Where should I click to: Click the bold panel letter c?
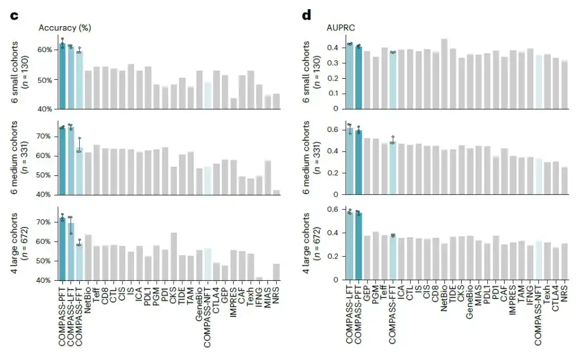(x=14, y=16)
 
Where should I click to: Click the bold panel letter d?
(x=307, y=15)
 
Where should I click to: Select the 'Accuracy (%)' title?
(x=65, y=28)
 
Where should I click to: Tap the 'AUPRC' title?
(x=340, y=28)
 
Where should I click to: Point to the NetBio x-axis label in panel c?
(x=88, y=300)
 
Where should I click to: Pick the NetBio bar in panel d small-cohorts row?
(x=444, y=74)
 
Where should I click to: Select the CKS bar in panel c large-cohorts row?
(x=174, y=256)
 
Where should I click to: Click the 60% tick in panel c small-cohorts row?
(x=45, y=50)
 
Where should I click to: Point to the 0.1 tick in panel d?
(x=333, y=93)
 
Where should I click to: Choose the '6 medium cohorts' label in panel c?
(x=14, y=157)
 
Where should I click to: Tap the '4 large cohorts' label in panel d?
(x=306, y=243)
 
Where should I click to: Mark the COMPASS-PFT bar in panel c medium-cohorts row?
(x=62, y=161)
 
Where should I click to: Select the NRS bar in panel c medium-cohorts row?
(x=277, y=193)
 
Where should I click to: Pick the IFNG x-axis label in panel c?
(x=259, y=298)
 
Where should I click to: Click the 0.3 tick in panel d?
(x=333, y=63)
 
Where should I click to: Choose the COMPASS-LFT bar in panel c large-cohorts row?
(x=71, y=251)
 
